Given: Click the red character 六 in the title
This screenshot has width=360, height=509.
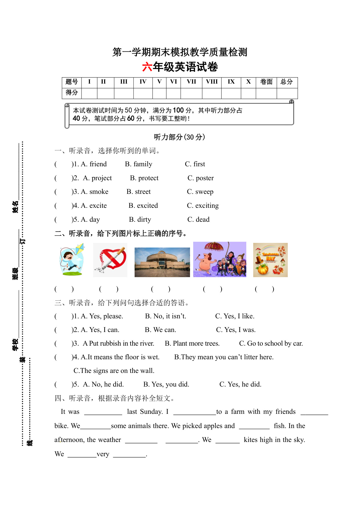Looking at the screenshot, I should pos(147,67).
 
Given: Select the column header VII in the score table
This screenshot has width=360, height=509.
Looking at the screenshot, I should pos(191,82).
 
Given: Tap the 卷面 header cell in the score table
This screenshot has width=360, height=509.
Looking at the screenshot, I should pos(266,82).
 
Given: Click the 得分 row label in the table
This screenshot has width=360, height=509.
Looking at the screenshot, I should pos(72,93).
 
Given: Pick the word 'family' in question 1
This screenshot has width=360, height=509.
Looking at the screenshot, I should pos(142,164).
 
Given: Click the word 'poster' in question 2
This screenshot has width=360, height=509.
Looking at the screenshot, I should pos(205,178).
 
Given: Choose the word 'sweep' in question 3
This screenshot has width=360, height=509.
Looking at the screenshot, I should pos(204,192).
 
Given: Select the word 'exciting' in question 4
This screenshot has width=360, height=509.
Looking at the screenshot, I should pos(207,206).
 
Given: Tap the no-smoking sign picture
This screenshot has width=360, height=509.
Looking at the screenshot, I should pos(111,260).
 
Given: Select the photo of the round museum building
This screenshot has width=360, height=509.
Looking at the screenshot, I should pos(162,262).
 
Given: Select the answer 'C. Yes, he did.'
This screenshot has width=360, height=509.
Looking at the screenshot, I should pos(240,385).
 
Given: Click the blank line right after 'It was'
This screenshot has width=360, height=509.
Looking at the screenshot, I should pos(103,412).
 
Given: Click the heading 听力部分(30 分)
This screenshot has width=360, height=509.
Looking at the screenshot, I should pos(180,137).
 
